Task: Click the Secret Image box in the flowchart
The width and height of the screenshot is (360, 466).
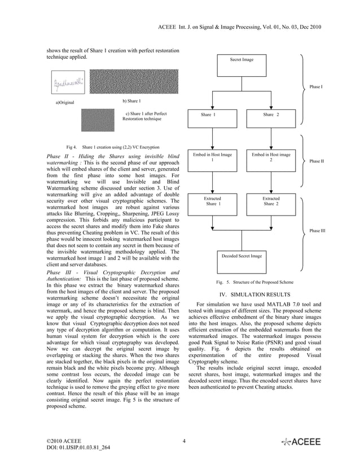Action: click(242, 65)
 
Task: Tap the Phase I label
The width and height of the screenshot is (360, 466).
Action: click(316, 87)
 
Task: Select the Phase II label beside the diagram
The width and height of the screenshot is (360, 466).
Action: click(317, 161)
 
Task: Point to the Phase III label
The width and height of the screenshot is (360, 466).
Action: click(317, 231)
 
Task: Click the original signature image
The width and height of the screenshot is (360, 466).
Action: click(69, 85)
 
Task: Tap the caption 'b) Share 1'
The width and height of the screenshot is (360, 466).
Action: click(131, 101)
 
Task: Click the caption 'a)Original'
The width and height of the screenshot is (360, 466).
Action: click(64, 102)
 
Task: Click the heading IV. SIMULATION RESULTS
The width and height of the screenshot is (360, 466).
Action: click(254, 294)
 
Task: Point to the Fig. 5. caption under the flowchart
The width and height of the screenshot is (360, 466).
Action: click(254, 282)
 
